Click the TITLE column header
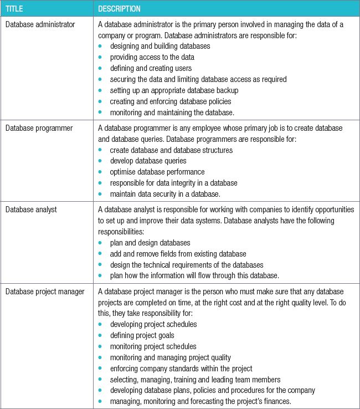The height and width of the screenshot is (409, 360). tap(14, 9)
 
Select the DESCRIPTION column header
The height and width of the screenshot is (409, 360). tap(119, 9)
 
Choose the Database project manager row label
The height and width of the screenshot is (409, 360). tap(44, 291)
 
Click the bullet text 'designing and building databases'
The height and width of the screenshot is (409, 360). tap(160, 46)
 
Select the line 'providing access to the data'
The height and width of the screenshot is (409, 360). tap(152, 57)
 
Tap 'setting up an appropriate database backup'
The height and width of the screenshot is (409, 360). tap(174, 90)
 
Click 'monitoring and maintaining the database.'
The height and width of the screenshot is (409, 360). tap(172, 113)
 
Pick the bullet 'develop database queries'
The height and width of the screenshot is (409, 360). tap(148, 161)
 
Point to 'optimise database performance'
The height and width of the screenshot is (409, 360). tap(157, 172)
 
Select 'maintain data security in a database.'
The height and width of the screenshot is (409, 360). tap(165, 194)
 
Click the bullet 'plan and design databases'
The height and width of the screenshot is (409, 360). tap(150, 242)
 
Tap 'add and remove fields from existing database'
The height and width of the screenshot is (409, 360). tap(178, 253)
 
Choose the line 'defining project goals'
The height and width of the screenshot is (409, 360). tap(142, 335)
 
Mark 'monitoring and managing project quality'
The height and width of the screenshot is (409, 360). tap(170, 357)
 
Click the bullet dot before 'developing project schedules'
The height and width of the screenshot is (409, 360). tap(100, 324)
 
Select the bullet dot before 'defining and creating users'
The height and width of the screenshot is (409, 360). tap(100, 68)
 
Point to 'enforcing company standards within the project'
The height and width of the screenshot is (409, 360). tap(181, 368)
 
